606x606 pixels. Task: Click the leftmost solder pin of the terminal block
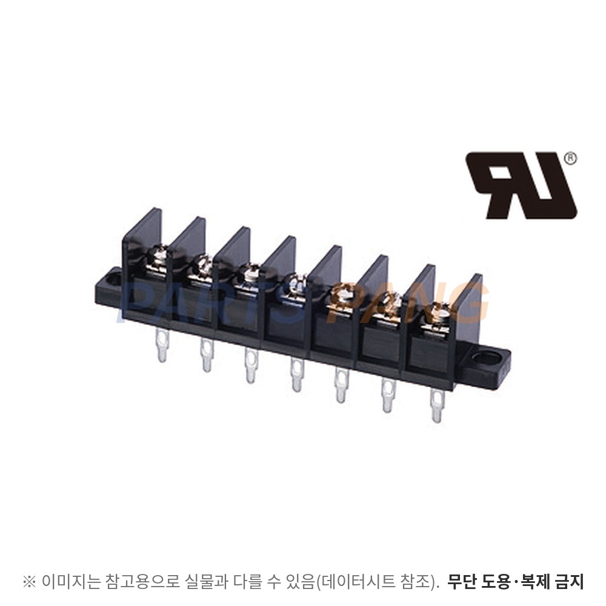point(162,344)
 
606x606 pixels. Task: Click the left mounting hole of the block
point(115,277)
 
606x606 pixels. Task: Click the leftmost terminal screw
point(158,258)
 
